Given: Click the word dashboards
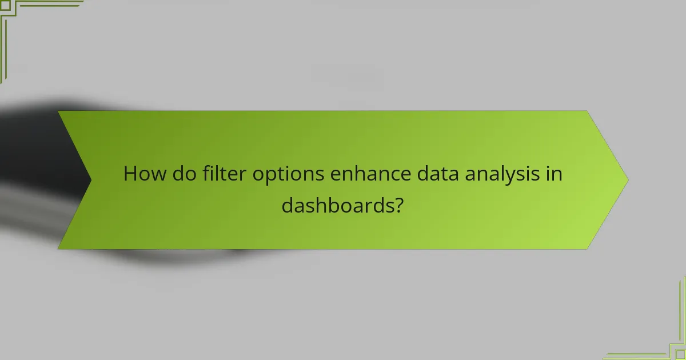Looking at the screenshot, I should (x=336, y=205).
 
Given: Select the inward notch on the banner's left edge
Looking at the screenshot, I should (x=90, y=179).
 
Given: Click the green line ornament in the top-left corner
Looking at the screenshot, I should (x=17, y=17).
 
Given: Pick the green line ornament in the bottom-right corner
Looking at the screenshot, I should (x=669, y=343).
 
